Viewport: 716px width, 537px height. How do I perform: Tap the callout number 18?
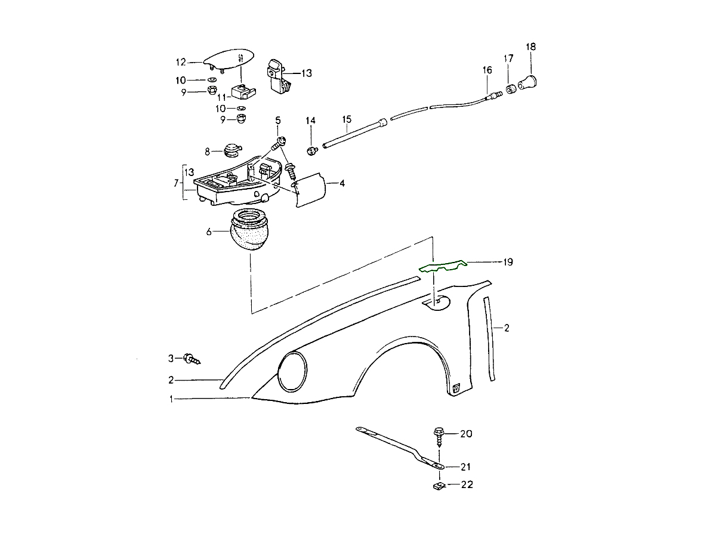click(530, 47)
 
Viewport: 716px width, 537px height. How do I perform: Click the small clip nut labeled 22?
click(437, 486)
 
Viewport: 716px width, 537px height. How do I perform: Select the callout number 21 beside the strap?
click(466, 467)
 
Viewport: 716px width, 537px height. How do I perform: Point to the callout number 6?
click(209, 232)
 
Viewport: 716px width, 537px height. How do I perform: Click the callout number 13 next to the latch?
click(306, 73)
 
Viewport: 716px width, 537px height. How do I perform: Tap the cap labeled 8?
click(231, 149)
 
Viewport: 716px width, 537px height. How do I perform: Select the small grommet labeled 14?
click(311, 150)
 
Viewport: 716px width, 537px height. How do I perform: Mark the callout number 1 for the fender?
click(171, 399)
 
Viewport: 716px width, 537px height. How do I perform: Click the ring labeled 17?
click(511, 89)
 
